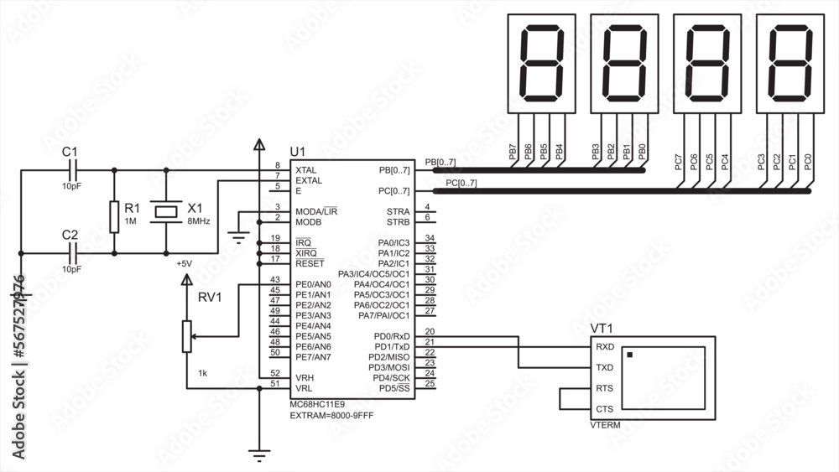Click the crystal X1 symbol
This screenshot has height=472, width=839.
coord(164,210)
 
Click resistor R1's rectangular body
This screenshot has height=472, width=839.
coord(113,216)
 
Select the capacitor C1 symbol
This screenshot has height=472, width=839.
coord(71,169)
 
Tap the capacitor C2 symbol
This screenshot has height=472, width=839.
coord(71,252)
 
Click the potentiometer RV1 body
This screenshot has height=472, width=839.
coord(186,336)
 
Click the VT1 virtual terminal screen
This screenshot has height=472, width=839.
coord(664,377)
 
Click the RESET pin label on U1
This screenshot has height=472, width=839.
coord(310,263)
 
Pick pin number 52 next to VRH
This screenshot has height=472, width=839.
coord(274,374)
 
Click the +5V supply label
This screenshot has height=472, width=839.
coord(184,263)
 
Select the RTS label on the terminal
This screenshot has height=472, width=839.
coord(604,388)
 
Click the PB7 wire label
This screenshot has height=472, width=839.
coord(513,152)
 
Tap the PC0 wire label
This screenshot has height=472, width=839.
coord(808,163)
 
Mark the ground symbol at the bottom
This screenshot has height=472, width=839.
coord(259,456)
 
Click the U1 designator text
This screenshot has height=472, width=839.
coord(298,151)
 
